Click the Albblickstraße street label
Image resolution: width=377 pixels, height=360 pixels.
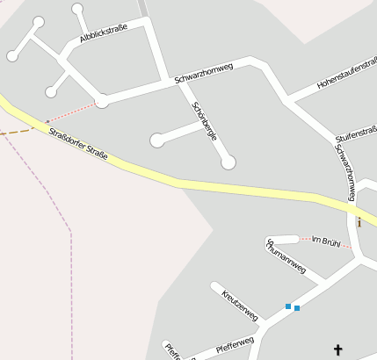point(104,33)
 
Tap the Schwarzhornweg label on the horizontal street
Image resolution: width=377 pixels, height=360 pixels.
point(203,73)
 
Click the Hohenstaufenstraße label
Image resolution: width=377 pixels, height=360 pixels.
point(346,77)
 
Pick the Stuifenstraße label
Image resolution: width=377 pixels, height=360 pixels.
point(356,135)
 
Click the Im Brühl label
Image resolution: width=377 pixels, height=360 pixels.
point(325,240)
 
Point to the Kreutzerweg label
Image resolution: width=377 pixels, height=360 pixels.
point(239,303)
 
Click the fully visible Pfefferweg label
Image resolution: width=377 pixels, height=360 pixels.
point(235,343)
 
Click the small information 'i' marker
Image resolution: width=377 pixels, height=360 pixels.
point(359,222)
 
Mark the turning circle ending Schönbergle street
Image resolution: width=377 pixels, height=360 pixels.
point(228,162)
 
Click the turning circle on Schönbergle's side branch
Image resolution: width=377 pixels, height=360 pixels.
point(156,140)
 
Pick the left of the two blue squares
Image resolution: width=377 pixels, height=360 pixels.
point(287,306)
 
